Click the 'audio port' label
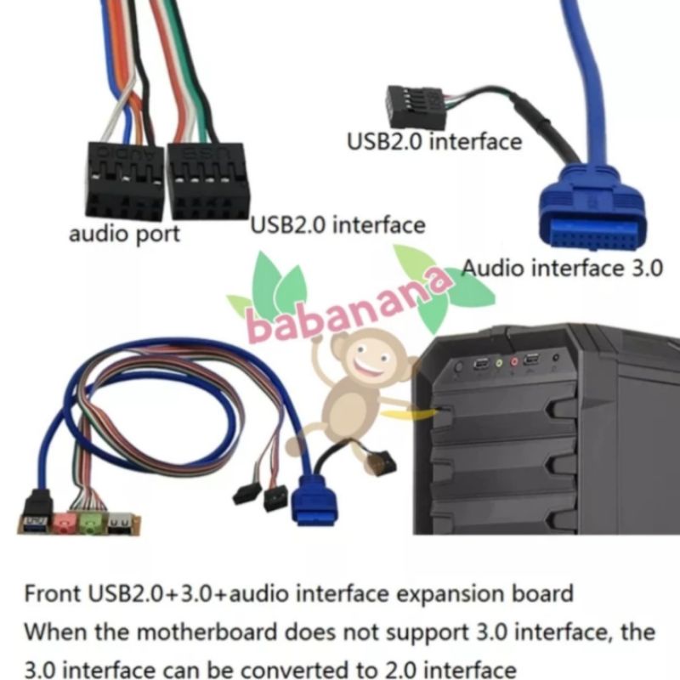(x=124, y=234)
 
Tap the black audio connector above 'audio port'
(x=124, y=180)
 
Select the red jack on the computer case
(x=514, y=363)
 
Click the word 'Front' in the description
(x=50, y=592)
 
